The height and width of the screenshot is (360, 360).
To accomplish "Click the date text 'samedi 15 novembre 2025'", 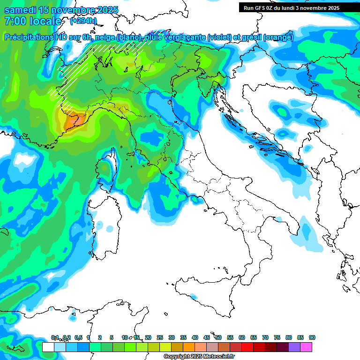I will point(61,10).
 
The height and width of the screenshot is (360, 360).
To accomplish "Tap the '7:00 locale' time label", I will point(33,21).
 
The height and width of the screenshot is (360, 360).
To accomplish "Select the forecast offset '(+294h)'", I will point(83,21).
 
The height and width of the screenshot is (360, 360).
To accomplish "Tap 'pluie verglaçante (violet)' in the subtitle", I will point(192,37).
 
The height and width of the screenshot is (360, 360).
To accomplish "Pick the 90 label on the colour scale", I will point(312,337).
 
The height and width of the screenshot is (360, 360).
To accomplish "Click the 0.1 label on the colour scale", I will point(55,337).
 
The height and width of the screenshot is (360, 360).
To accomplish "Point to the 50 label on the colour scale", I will point(218,337).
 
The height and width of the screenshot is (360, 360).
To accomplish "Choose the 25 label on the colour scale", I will point(160,337).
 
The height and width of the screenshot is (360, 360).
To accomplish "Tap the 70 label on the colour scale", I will point(265,337).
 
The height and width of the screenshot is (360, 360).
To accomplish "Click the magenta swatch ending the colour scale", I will point(306,347).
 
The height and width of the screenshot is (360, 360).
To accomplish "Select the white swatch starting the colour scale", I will point(48,347).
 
